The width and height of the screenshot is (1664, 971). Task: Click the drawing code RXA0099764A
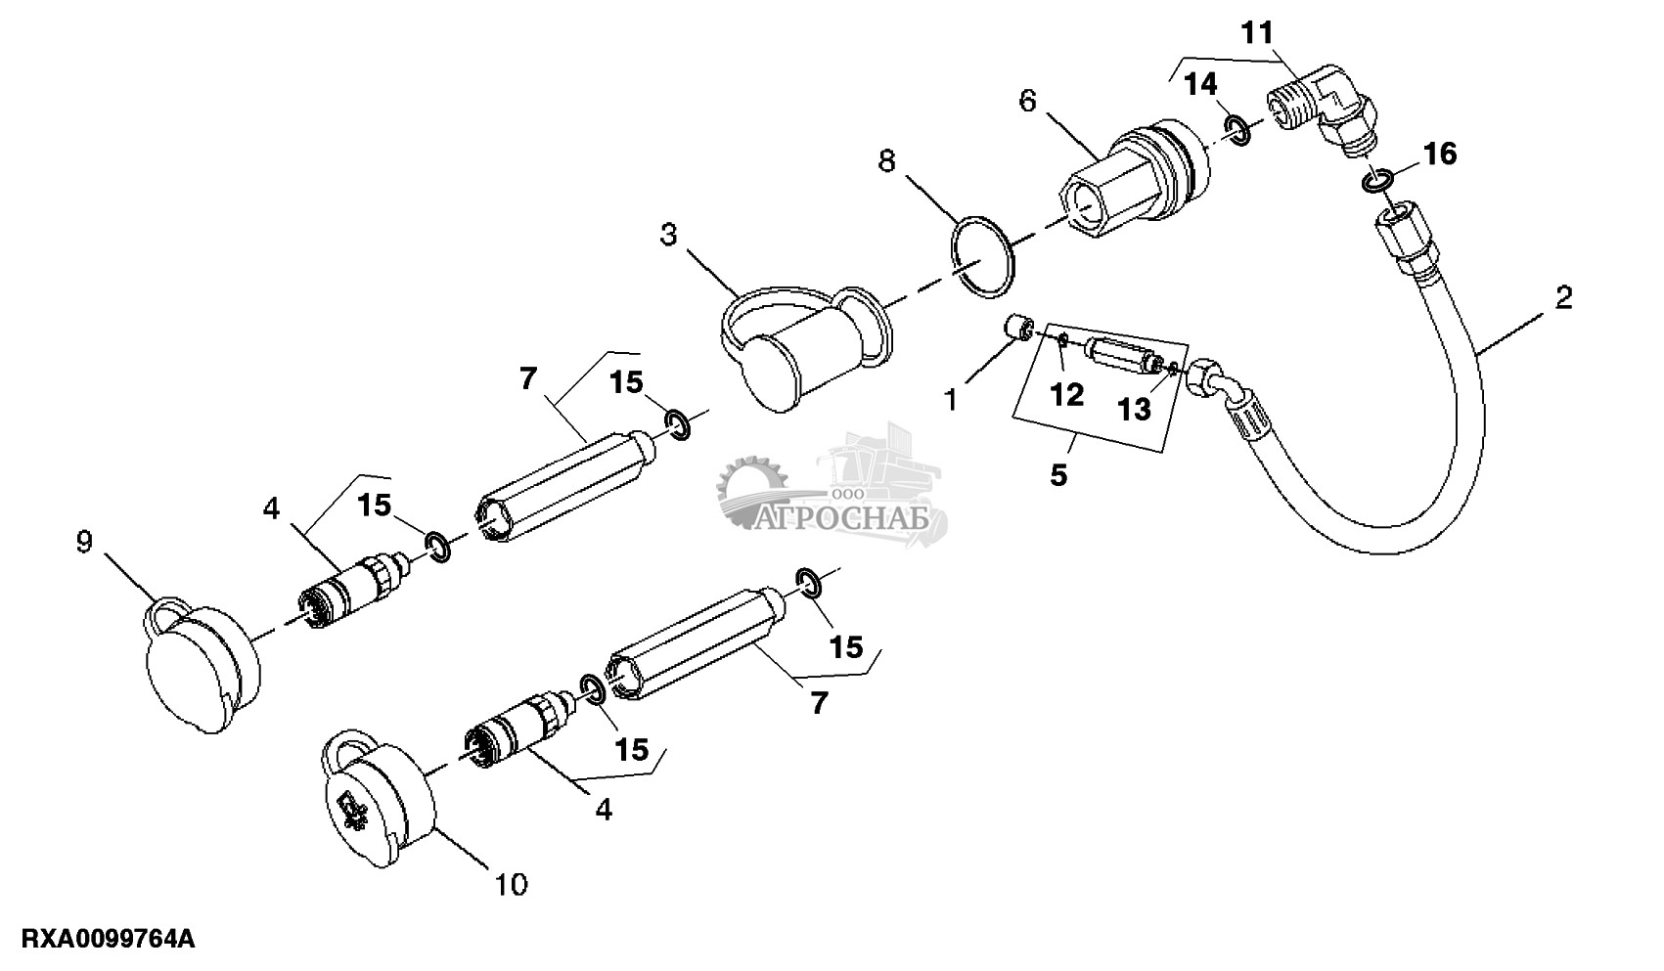point(109,939)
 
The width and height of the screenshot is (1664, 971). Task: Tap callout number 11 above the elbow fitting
point(1257,32)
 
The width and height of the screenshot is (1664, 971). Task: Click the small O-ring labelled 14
point(1238,130)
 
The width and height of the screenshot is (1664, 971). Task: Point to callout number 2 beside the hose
point(1563,298)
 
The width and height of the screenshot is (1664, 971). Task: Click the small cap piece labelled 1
point(1017,328)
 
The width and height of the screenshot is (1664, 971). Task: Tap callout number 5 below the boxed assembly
point(1058,474)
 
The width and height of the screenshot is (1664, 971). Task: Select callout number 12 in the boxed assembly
point(1067,396)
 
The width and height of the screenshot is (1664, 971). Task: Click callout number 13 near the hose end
point(1135,409)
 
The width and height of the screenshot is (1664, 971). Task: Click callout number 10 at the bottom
point(512,884)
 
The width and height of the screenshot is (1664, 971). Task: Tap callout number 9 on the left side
point(85,542)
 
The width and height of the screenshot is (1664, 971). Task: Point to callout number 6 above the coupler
point(1027,101)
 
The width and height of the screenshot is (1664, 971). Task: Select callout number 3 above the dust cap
point(668,235)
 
